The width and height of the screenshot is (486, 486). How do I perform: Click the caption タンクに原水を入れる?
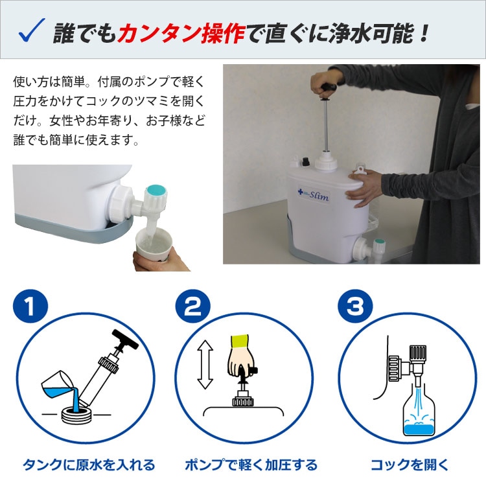pyautogui.click(x=89, y=465)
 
